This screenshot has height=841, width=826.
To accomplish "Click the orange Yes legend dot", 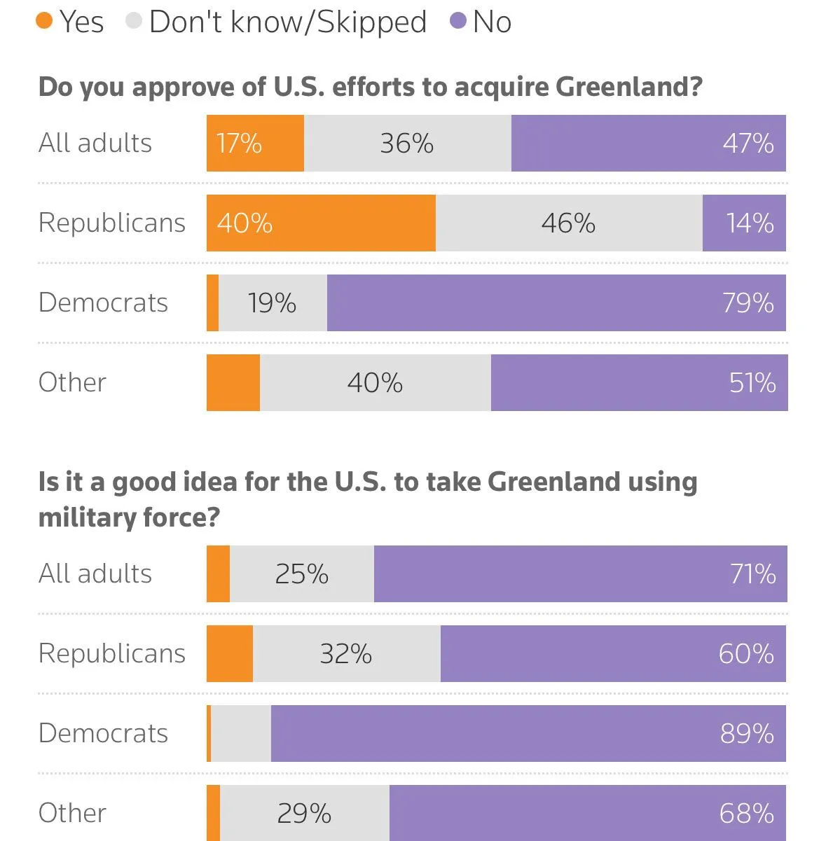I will click(44, 21).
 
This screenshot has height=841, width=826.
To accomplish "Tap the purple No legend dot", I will click(458, 21).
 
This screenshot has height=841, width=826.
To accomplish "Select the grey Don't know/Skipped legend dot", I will click(134, 21).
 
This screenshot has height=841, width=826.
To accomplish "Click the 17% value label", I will click(239, 144).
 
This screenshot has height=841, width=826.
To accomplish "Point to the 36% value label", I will click(406, 144).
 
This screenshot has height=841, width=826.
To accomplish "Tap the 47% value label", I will click(748, 144).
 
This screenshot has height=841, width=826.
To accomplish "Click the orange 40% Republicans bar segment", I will click(321, 223).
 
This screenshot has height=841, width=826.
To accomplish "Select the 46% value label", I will click(567, 223).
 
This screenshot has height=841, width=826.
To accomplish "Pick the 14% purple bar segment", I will click(744, 223).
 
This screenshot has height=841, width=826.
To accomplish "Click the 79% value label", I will click(748, 303).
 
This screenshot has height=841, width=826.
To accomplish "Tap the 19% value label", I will click(272, 303).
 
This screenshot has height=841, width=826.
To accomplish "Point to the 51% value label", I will click(752, 383).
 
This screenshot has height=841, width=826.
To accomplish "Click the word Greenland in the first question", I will click(628, 87).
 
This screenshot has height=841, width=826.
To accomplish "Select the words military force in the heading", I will click(129, 517).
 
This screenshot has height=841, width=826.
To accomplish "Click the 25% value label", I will click(301, 574).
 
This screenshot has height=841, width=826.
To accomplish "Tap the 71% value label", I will click(752, 574).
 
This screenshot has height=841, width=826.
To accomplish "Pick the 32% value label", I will click(345, 654).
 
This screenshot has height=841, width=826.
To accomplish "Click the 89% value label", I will click(747, 734).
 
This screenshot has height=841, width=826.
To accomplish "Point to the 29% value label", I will click(304, 814).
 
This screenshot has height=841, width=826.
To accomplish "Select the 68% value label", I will click(746, 814).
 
